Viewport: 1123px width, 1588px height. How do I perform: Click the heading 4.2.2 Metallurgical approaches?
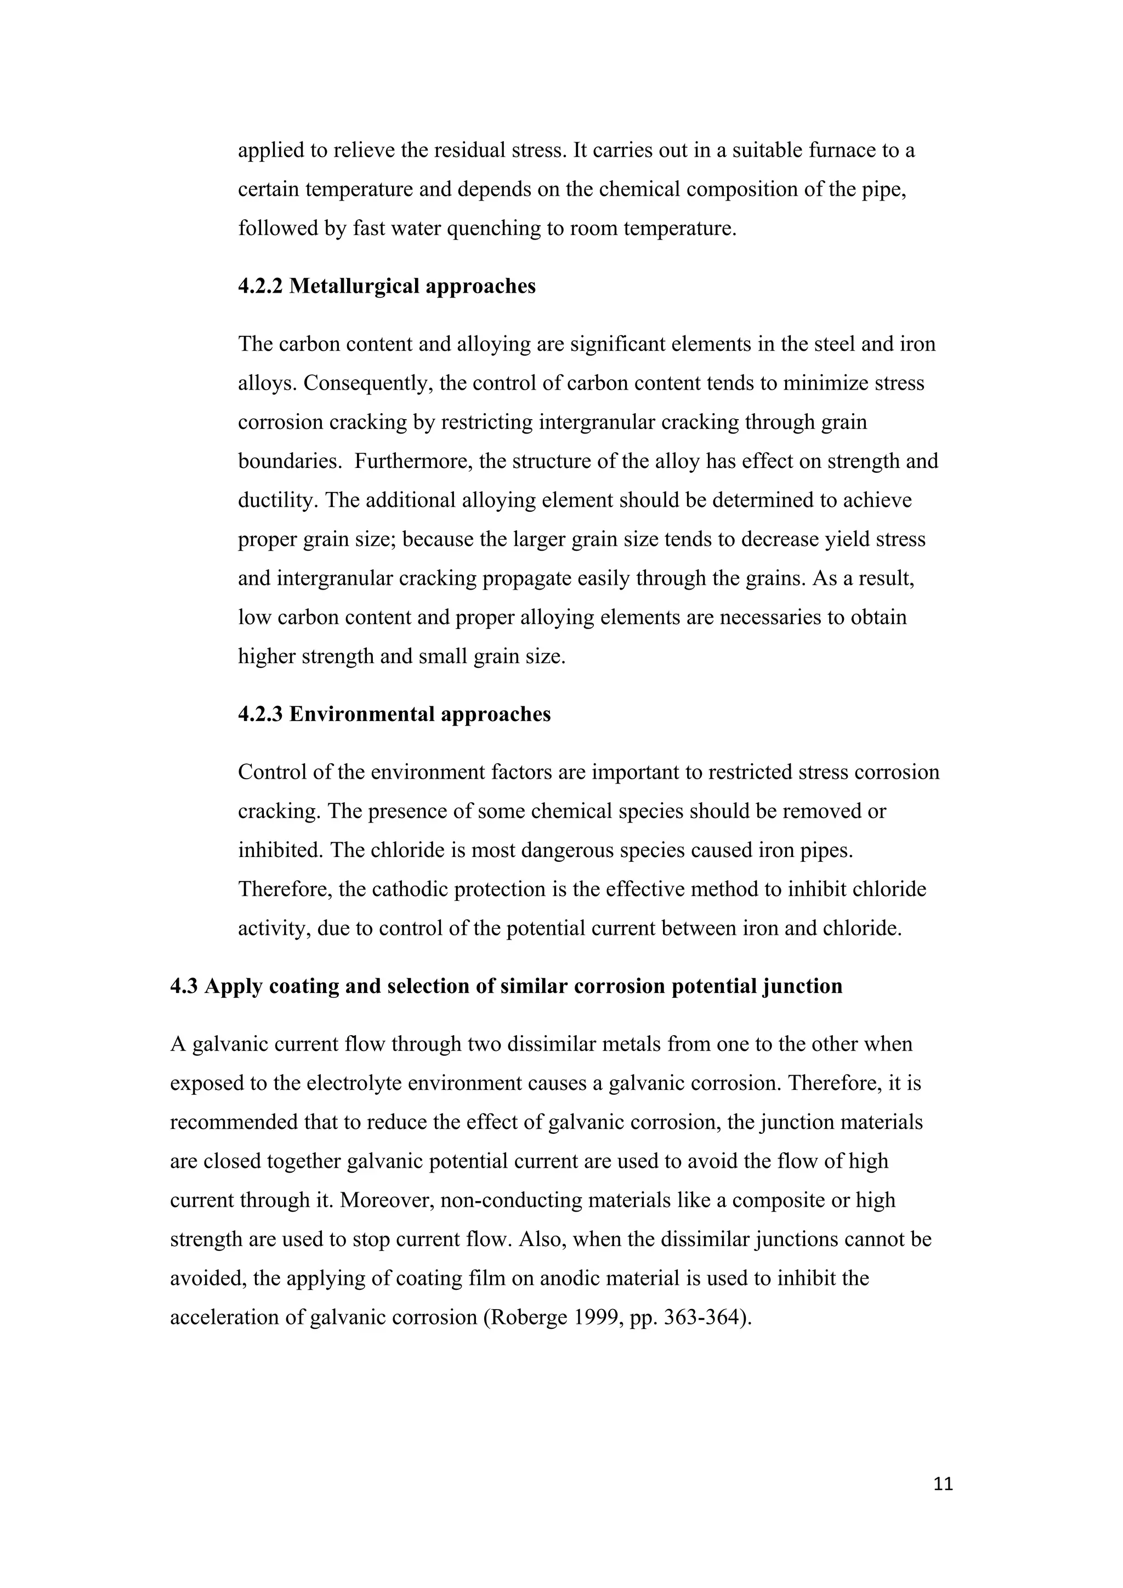(x=387, y=287)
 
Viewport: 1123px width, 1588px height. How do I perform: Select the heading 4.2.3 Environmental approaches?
(x=394, y=714)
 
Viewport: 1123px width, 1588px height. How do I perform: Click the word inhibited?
(x=279, y=850)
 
